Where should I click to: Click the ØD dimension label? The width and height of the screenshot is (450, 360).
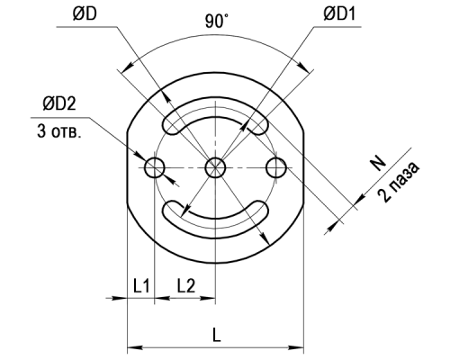(85, 14)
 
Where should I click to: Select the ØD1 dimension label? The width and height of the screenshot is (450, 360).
(339, 14)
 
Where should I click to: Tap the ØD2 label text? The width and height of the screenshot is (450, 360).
(59, 103)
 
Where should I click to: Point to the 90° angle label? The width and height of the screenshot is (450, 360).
(216, 22)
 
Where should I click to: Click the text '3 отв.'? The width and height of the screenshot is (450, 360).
(59, 131)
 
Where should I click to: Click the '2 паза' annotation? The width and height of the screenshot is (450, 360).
(398, 182)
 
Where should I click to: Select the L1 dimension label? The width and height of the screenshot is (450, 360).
(141, 285)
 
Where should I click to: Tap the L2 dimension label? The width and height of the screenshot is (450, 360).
(186, 285)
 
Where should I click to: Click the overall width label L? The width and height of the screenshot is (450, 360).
(216, 335)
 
